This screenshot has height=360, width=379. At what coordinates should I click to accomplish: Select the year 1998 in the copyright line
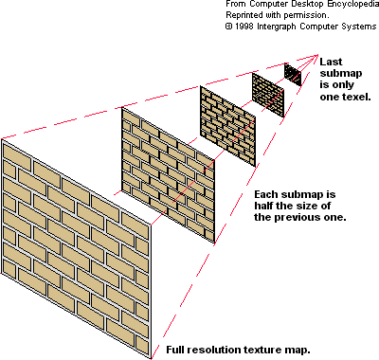pyautogui.click(x=244, y=27)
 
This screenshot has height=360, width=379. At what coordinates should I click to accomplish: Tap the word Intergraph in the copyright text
pyautogui.click(x=277, y=27)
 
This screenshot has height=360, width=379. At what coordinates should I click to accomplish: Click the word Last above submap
pyautogui.click(x=331, y=62)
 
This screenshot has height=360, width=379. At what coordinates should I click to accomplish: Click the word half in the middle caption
pyautogui.click(x=263, y=206)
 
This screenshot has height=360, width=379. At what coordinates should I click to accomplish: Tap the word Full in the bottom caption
pyautogui.click(x=175, y=350)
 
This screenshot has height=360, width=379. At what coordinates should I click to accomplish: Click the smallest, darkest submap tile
pyautogui.click(x=293, y=75)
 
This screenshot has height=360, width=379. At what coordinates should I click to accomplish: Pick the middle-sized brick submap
pyautogui.click(x=227, y=126)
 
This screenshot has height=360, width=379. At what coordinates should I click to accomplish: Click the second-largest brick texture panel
pyautogui.click(x=168, y=175)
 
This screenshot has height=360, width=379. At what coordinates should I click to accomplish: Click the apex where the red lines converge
pyautogui.click(x=318, y=55)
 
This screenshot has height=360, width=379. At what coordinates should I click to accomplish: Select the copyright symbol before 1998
pyautogui.click(x=228, y=27)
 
